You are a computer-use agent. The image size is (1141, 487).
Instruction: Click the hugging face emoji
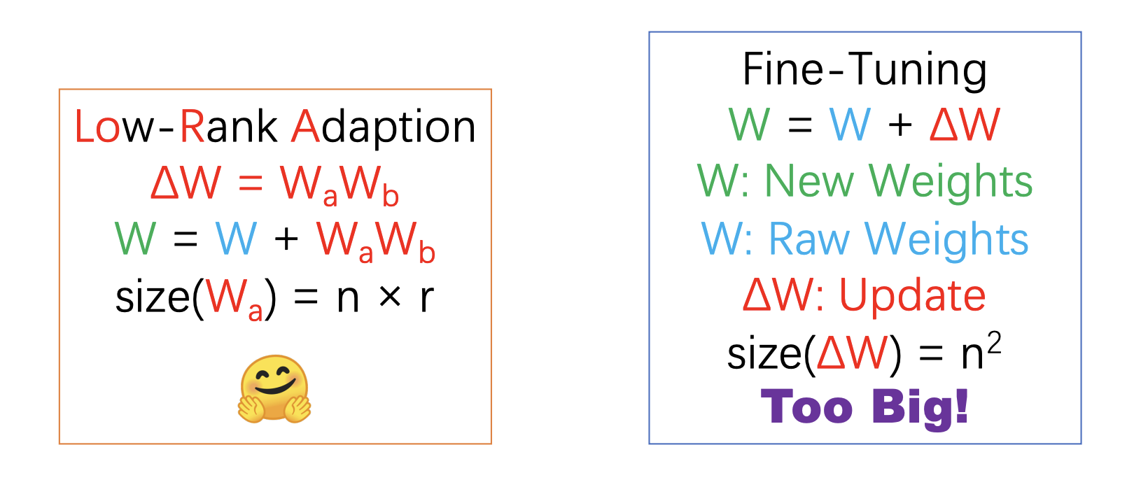tap(274, 389)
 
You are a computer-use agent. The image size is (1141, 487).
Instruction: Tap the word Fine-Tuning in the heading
tap(865, 70)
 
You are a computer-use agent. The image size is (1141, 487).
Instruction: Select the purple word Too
tap(807, 407)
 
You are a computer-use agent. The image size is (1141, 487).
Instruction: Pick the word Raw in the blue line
tap(809, 239)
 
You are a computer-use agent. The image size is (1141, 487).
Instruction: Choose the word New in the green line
tap(809, 181)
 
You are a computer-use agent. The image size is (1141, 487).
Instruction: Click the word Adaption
tap(383, 127)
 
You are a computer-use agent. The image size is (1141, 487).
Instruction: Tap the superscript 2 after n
tap(994, 344)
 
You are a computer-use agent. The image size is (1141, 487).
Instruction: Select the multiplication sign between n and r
tap(390, 297)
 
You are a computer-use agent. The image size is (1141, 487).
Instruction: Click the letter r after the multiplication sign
tap(427, 298)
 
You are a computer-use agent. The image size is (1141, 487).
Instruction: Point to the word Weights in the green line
tap(951, 182)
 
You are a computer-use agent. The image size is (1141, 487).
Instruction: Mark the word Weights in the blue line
tap(947, 240)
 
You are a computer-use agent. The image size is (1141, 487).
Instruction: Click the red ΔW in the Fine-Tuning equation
tap(965, 124)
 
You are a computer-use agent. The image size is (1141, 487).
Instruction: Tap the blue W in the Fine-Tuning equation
tap(850, 124)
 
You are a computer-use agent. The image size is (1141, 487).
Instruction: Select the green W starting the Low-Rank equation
tap(135, 238)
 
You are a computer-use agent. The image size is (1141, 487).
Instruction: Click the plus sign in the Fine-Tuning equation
tap(899, 125)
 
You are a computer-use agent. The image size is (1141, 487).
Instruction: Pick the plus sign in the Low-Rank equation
tap(286, 239)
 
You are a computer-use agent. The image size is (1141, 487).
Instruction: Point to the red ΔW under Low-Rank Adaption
tap(186, 182)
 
